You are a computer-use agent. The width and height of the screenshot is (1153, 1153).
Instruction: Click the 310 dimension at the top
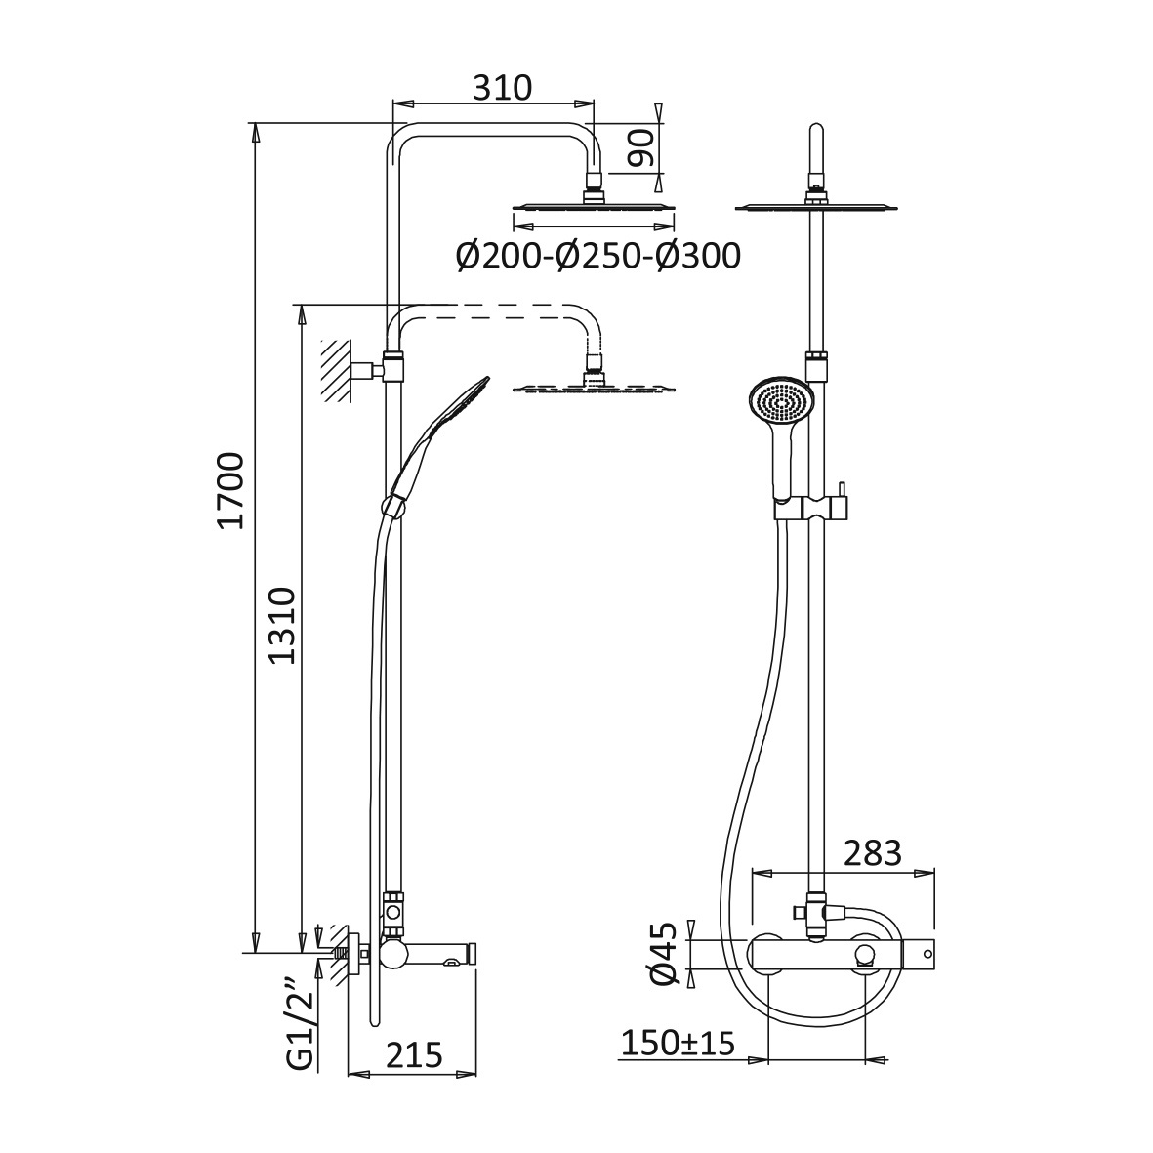[x=503, y=88]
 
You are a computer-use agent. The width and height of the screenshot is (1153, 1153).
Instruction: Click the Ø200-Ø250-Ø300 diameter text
[x=597, y=257]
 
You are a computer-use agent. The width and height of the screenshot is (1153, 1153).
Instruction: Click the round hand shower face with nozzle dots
[x=780, y=403]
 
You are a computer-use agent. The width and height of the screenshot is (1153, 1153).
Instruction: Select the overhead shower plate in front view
[x=818, y=206]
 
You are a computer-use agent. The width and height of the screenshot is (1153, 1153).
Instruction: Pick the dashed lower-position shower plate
[x=593, y=388]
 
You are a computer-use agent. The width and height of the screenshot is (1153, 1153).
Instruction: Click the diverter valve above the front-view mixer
[x=815, y=912]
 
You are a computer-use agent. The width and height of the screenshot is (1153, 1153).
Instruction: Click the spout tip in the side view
[x=473, y=953]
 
